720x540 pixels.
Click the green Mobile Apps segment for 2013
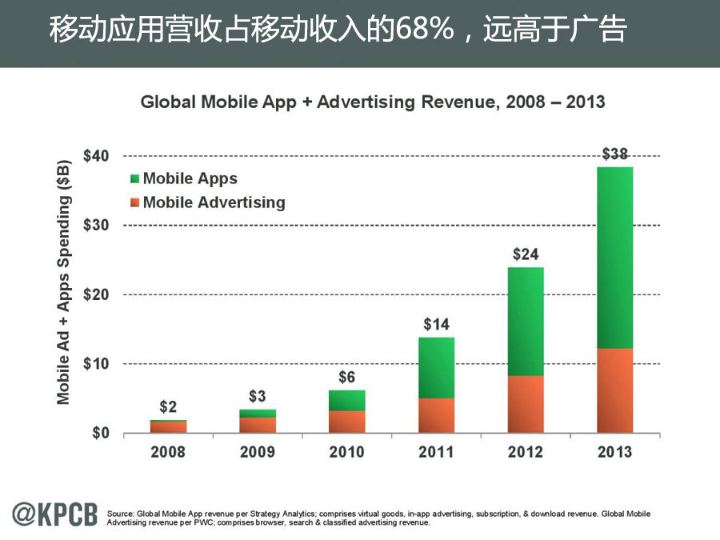point(614,258)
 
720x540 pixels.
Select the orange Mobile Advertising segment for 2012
point(525,404)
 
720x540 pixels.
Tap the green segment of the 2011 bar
point(436,368)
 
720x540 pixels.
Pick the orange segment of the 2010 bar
point(346,422)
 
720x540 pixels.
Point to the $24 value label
point(525,255)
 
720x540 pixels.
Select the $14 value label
point(436,325)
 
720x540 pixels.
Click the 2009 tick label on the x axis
point(258,452)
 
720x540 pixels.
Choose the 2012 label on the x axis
point(525,452)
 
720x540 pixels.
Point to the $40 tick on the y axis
point(98,155)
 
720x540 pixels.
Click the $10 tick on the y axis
point(98,364)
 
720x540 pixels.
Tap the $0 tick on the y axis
point(102,434)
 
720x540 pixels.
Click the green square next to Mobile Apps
point(134,179)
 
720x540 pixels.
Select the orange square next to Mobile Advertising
point(134,202)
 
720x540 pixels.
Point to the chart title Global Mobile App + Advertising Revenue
point(373,102)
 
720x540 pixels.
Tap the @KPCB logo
point(54,515)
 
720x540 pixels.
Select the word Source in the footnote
point(119,514)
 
